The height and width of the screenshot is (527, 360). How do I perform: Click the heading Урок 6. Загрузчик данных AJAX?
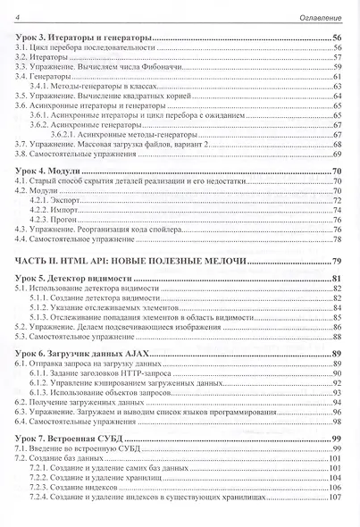83,356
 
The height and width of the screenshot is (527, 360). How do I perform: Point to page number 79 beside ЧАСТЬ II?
337,261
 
